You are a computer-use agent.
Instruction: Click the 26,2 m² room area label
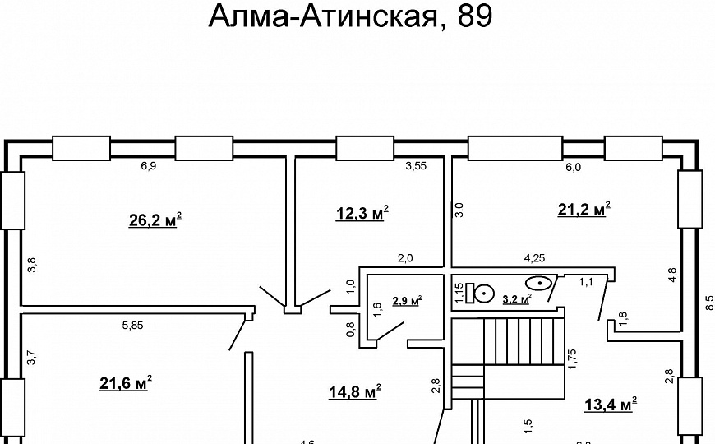pos(155,220)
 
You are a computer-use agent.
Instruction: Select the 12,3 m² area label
pos(362,214)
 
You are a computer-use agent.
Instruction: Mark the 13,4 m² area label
pos(611,404)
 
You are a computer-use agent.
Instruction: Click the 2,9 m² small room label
pos(406,301)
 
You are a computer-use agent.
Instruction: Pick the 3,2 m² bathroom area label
pos(517,299)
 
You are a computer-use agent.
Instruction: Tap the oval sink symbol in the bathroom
pos(539,283)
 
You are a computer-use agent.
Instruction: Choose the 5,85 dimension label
pos(132,325)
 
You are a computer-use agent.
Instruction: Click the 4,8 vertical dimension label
pos(671,275)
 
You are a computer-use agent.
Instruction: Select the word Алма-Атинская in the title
pos(321,16)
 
